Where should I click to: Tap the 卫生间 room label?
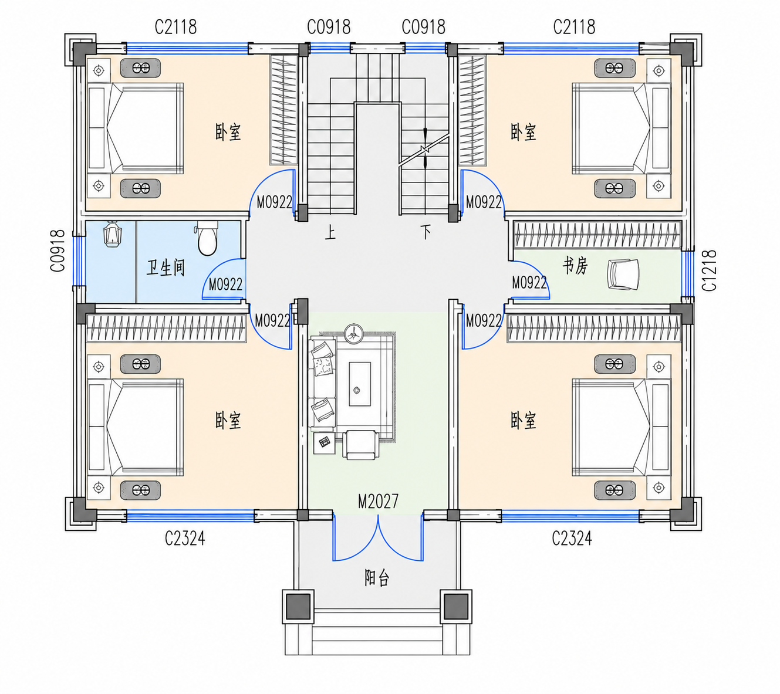(x=166, y=268)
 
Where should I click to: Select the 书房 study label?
(x=575, y=266)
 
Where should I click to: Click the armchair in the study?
(x=623, y=274)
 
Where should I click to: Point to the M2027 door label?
(x=378, y=502)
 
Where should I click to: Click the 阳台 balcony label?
(x=377, y=578)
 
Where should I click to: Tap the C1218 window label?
(x=709, y=270)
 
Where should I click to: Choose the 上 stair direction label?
(x=330, y=232)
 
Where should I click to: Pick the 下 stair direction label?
(x=426, y=232)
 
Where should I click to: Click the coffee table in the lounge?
(x=360, y=384)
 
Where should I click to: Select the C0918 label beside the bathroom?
(x=58, y=250)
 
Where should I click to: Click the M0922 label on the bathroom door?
(x=225, y=285)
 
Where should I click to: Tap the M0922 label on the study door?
(x=529, y=283)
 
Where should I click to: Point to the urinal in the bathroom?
(x=113, y=233)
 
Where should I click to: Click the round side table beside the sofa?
(x=353, y=334)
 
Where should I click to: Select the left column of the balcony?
(x=298, y=607)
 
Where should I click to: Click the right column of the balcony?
(x=456, y=607)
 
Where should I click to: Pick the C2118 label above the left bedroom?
(x=175, y=27)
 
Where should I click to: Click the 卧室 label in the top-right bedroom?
(x=523, y=132)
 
